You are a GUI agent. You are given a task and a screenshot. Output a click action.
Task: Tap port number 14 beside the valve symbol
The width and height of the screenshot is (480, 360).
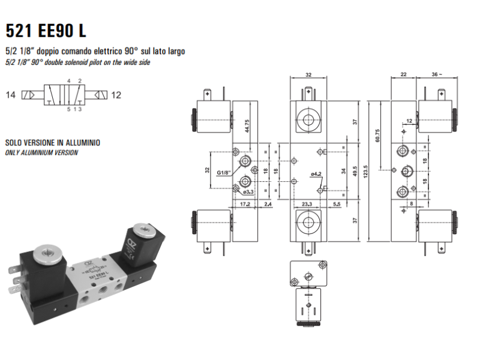point(11,95)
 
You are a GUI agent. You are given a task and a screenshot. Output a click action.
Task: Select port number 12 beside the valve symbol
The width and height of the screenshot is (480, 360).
point(116,95)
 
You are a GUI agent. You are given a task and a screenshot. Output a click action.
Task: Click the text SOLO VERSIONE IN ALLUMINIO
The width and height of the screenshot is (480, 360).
point(53,143)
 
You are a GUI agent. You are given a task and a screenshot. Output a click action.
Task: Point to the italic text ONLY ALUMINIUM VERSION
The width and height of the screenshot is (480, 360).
point(41,152)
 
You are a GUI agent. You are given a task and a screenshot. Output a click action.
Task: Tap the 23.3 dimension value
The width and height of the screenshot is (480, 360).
point(307,205)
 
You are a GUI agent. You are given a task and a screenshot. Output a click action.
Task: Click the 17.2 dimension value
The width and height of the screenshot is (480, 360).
point(244,205)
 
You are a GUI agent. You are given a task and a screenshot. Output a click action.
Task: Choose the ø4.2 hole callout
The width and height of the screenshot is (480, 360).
point(316,174)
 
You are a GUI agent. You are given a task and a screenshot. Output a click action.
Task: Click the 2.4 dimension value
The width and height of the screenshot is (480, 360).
point(268,205)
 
